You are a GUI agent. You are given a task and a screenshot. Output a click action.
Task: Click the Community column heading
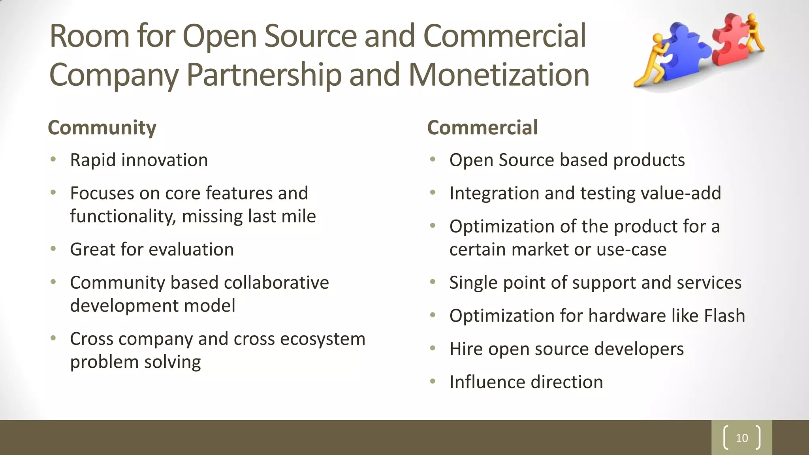pyautogui.click(x=102, y=128)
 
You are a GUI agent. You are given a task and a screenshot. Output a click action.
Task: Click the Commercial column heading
pyautogui.click(x=482, y=128)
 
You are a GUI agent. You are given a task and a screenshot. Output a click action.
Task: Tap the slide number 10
pyautogui.click(x=742, y=438)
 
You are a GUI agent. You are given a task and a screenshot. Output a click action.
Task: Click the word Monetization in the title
pyautogui.click(x=499, y=75)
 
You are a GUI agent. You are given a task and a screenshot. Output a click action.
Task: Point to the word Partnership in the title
pyautogui.click(x=264, y=75)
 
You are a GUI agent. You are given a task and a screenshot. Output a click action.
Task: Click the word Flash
pyautogui.click(x=724, y=316)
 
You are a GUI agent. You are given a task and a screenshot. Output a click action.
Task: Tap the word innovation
pyautogui.click(x=164, y=160)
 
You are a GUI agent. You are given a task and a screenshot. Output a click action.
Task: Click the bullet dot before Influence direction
pyautogui.click(x=433, y=382)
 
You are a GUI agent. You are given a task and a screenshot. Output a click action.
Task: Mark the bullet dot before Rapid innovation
pyautogui.click(x=53, y=160)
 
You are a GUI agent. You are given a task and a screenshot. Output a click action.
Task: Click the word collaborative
pyautogui.click(x=276, y=282)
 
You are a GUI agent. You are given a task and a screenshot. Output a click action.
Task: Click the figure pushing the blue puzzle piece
pyautogui.click(x=652, y=59)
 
